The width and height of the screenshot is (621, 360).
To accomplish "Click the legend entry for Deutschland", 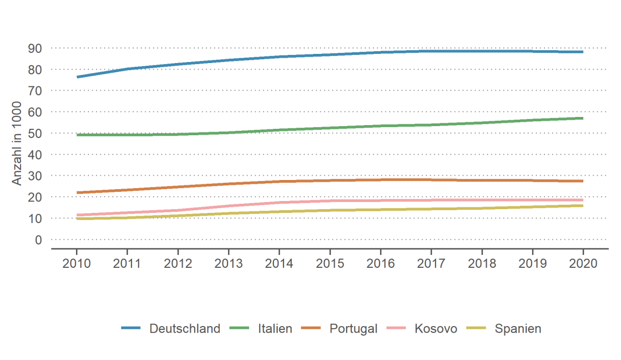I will click(184, 329).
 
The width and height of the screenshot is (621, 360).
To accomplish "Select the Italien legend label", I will click(275, 329).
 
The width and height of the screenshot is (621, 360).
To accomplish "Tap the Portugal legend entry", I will click(353, 329).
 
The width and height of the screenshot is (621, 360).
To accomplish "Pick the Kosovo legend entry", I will click(436, 329).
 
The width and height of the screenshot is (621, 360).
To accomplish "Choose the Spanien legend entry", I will click(517, 329).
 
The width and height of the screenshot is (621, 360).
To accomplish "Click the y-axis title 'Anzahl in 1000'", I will click(17, 144).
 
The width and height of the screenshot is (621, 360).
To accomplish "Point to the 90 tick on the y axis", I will click(35, 48).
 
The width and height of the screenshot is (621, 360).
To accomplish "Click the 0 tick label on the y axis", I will click(38, 239).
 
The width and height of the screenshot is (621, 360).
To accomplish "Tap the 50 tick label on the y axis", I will click(35, 133).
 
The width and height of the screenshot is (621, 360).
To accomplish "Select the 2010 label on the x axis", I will click(77, 264).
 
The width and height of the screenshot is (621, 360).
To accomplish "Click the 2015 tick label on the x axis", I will click(329, 264).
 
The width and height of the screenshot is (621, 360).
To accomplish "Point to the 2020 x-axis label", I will click(583, 264).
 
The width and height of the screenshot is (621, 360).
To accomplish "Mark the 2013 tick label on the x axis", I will click(229, 264).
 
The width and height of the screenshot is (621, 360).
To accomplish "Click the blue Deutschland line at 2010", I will click(77, 77).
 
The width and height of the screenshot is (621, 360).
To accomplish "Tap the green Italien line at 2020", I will click(582, 118).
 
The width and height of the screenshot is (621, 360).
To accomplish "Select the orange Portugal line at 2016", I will click(380, 179).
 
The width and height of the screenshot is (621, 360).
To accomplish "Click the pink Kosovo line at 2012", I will click(178, 210).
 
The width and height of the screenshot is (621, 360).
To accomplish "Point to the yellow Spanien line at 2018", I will click(481, 208).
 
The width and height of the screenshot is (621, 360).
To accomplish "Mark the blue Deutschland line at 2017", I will click(431, 51).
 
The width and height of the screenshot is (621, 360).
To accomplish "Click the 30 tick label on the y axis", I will click(35, 176).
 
